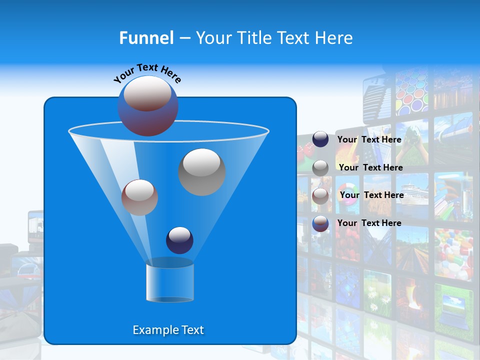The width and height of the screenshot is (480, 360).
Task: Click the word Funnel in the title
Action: pos(146,37)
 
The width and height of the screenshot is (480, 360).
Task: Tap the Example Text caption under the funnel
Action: pos(168,330)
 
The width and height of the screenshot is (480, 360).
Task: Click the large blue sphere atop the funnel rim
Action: pos(147,105)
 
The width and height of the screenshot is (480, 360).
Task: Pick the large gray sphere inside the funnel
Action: pos(201,171)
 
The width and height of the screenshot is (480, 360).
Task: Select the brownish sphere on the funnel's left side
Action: pos(139,197)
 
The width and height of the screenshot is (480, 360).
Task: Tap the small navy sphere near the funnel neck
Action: pos(179,240)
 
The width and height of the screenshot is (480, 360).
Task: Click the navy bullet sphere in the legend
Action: pos(320,139)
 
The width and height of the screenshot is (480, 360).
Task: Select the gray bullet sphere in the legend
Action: pos(320,167)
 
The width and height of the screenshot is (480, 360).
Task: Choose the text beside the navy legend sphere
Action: pos(369,139)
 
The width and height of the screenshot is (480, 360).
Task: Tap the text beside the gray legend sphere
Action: pos(370,167)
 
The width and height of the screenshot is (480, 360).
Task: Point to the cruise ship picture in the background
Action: pos(412,191)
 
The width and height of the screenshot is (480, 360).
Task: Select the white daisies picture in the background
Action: pos(377,295)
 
